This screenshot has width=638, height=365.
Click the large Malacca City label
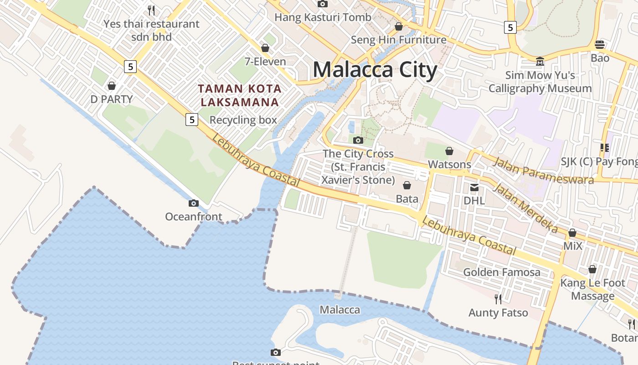tap(375, 70)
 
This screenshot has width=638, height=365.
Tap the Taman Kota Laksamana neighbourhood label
tap(240, 95)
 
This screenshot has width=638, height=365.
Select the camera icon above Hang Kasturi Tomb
tap(323, 4)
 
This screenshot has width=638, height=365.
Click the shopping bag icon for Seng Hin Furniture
tap(399, 26)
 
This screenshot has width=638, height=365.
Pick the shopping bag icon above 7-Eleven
tap(265, 47)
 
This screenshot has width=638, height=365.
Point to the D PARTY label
tap(112, 99)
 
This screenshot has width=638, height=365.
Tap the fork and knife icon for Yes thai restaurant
tap(151, 10)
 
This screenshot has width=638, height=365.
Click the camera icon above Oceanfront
tap(194, 203)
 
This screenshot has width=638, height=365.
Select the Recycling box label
tap(243, 120)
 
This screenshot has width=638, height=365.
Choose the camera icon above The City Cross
tap(358, 140)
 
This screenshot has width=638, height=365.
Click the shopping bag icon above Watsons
tap(449, 151)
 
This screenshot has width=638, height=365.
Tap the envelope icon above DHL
tap(474, 187)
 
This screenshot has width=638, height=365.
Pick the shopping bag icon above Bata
tap(407, 185)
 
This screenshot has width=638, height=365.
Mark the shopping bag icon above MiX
tap(572, 233)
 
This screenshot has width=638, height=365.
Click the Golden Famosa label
tap(502, 272)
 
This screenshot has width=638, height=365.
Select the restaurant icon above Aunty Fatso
tap(498, 299)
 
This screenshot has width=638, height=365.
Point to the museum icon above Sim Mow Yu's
tap(540, 61)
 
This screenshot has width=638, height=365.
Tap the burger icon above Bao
tap(600, 45)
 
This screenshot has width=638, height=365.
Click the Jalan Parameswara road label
tap(543, 170)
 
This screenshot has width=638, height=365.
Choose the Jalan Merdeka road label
tap(525, 208)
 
